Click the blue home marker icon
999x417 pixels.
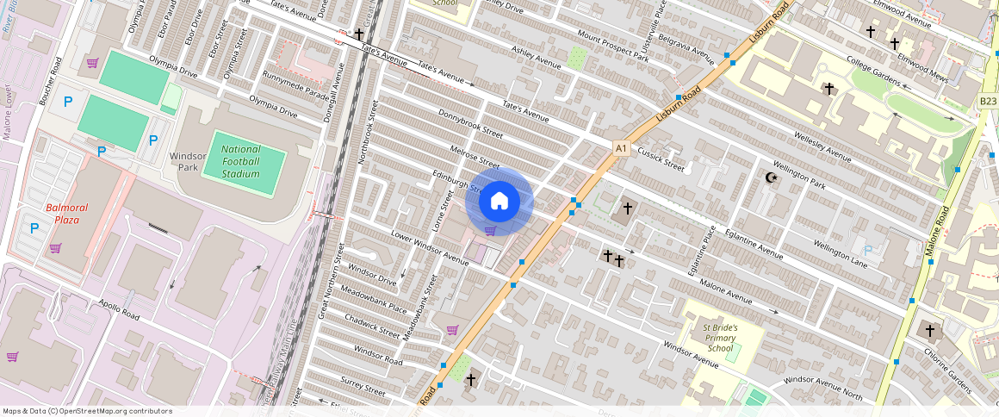(x=499, y=201)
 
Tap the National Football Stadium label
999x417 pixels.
(x=240, y=161)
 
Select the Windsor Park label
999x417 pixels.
(x=188, y=161)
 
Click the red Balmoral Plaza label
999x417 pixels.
(x=68, y=213)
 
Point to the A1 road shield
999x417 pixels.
(x=621, y=149)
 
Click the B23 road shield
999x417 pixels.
(x=988, y=101)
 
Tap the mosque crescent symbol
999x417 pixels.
(x=772, y=178)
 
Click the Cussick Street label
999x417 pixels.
(x=661, y=159)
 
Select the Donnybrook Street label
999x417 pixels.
(x=470, y=124)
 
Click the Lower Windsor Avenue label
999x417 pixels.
(x=430, y=246)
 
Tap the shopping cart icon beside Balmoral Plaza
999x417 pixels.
(x=55, y=248)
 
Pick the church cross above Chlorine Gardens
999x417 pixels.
(x=928, y=330)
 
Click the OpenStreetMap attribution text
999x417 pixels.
(x=87, y=411)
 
